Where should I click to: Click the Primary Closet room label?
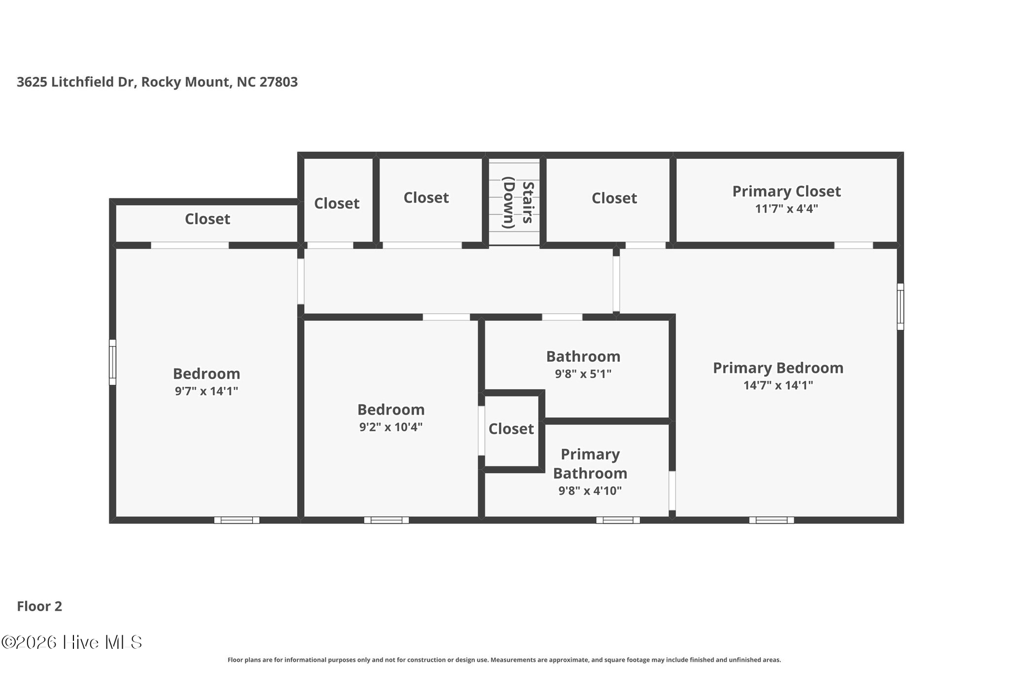[786, 191]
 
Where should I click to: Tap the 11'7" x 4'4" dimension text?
[786, 209]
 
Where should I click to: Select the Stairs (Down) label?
[517, 202]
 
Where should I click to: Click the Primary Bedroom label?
[778, 368]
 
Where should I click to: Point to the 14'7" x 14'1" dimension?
[778, 385]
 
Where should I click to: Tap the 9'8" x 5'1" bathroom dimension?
[583, 374]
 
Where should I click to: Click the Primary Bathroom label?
[590, 464]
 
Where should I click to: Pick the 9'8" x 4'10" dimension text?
[590, 491]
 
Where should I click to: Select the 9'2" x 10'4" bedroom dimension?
[391, 427]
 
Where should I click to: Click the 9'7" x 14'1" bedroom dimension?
[206, 391]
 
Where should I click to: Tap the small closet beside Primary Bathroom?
[511, 429]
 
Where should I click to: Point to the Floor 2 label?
[39, 606]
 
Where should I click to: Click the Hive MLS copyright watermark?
[72, 642]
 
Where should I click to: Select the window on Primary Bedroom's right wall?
[900, 306]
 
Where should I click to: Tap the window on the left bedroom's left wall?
[113, 362]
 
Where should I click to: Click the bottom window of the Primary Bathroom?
[618, 520]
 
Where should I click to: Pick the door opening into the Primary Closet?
[853, 245]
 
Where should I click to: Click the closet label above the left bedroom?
[207, 219]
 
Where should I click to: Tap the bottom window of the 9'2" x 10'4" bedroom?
[386, 520]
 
